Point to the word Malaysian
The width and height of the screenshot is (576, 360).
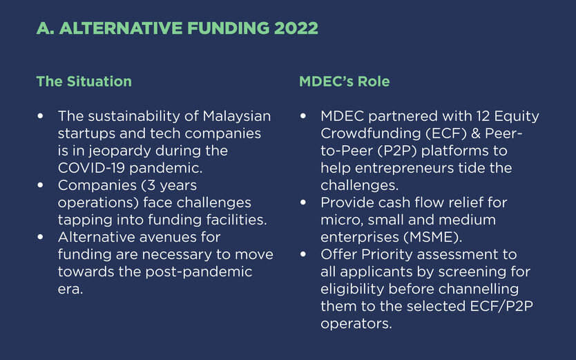pyautogui.click(x=237, y=117)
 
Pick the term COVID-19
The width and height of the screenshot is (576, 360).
pyautogui.click(x=91, y=168)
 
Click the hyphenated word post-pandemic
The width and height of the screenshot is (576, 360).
pyautogui.click(x=199, y=272)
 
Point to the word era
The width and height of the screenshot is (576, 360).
pyautogui.click(x=70, y=289)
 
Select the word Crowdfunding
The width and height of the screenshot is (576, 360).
pyautogui.click(x=371, y=133)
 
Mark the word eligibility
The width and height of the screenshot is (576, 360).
pyautogui.click(x=352, y=290)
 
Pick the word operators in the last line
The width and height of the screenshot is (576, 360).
pyautogui.click(x=356, y=324)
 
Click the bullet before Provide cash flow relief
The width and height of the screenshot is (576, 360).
pyautogui.click(x=303, y=202)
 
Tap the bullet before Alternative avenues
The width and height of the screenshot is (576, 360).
pyautogui.click(x=40, y=237)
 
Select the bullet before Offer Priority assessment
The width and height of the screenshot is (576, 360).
pyautogui.click(x=303, y=254)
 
